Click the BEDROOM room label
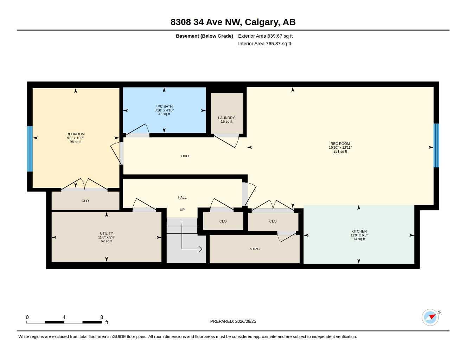point(76,134)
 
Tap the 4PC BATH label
point(164,106)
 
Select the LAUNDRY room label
point(226,118)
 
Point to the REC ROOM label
point(340,143)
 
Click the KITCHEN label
point(359,231)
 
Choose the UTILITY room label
point(106,233)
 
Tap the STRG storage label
point(255,249)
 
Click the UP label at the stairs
point(182,210)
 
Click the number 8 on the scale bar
point(101,317)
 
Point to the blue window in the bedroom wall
point(30,149)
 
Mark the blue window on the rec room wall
point(436,145)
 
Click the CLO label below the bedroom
point(85,201)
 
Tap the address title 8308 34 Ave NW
point(206,22)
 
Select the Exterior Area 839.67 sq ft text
point(265,36)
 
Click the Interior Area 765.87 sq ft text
point(264,44)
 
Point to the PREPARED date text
point(233,321)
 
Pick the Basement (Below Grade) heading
point(204,36)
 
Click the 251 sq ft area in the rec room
point(340,151)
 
